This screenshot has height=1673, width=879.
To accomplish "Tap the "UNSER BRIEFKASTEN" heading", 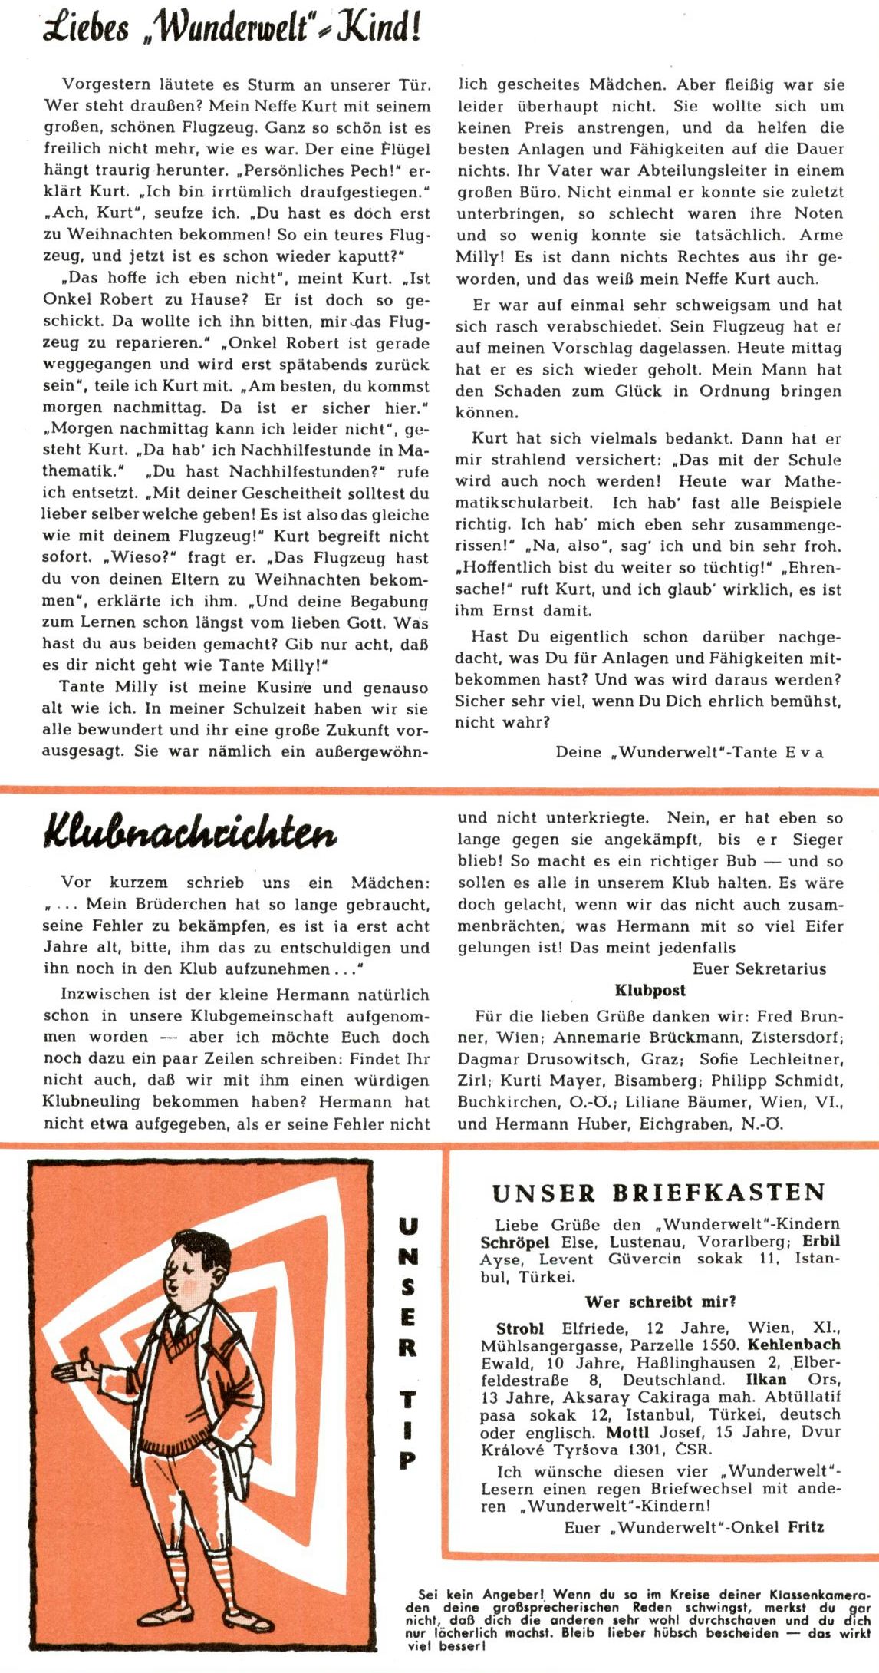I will [659, 1193].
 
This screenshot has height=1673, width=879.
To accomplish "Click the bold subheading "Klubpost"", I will [650, 990].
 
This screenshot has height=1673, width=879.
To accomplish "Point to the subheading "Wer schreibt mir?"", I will [660, 1302].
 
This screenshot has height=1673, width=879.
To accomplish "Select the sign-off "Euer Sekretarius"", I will [759, 968].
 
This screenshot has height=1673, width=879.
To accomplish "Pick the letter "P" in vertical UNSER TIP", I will [407, 1459].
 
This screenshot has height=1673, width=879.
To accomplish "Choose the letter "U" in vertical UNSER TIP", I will [408, 1226].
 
